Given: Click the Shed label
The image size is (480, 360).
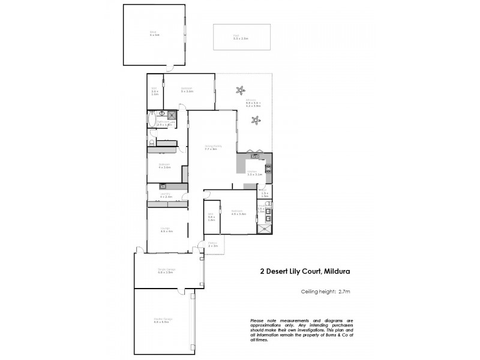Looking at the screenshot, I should pyautogui.click(x=154, y=34).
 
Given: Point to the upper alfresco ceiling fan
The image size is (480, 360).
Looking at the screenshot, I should pyautogui.click(x=241, y=91).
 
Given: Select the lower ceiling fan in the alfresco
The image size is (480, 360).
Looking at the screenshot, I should pyautogui.click(x=256, y=121).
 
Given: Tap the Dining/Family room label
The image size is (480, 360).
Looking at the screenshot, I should pyautogui.click(x=210, y=148).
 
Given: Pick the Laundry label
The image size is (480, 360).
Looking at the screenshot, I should pyautogui.click(x=166, y=196).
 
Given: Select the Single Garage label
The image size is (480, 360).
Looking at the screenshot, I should pyautogui.click(x=166, y=271).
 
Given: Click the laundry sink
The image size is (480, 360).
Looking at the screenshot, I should pyautogui.click(x=162, y=187).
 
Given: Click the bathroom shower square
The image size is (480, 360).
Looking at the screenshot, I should pyautogui.click(x=171, y=114).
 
